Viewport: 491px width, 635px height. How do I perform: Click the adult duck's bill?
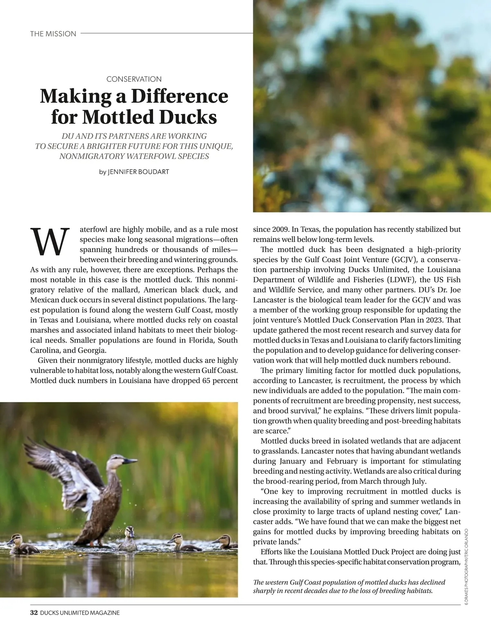pos(131,461)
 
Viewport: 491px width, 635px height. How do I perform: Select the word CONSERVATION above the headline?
pos(134,79)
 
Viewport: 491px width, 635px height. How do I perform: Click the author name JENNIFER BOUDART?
pos(138,172)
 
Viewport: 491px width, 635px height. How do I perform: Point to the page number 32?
pos(34,612)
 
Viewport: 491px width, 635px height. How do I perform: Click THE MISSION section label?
pos(53,34)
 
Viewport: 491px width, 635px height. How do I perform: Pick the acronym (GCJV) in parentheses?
pos(404,260)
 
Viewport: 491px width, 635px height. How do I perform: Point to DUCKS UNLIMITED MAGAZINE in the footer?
pos(80,613)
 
